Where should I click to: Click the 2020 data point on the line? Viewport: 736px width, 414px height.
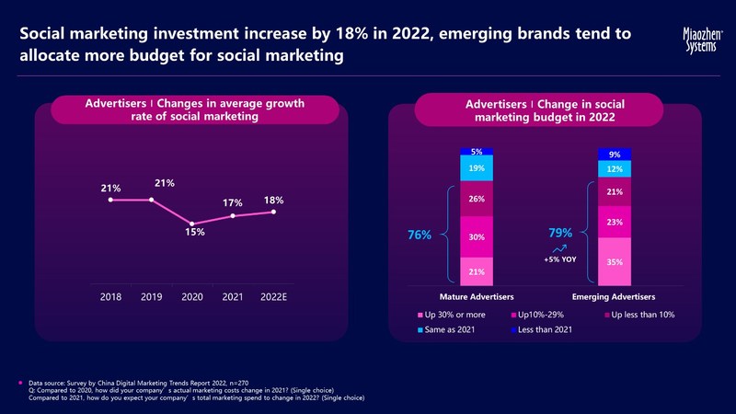(192, 224)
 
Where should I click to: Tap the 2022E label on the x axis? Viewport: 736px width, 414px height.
(273, 297)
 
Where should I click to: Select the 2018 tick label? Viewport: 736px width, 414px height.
(109, 297)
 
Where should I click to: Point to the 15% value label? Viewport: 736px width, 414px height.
(193, 234)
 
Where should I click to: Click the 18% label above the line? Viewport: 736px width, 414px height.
(273, 200)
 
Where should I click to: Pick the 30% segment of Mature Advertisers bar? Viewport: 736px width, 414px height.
(477, 237)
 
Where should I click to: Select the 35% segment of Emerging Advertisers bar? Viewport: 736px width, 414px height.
(615, 262)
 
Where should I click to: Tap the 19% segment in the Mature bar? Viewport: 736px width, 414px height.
(477, 168)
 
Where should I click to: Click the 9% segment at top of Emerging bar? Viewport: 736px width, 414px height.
(615, 155)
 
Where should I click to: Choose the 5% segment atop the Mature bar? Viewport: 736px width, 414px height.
(477, 152)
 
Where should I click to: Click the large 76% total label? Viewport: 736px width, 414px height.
(420, 236)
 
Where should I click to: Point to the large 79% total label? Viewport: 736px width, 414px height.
(560, 233)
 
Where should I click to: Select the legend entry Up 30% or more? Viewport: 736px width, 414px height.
(452, 316)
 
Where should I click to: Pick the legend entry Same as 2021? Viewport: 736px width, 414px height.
(451, 330)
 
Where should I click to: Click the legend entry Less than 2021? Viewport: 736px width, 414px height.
(543, 330)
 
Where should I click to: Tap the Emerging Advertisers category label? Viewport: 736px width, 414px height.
(614, 297)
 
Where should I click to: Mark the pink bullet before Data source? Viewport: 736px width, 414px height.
(20, 380)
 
